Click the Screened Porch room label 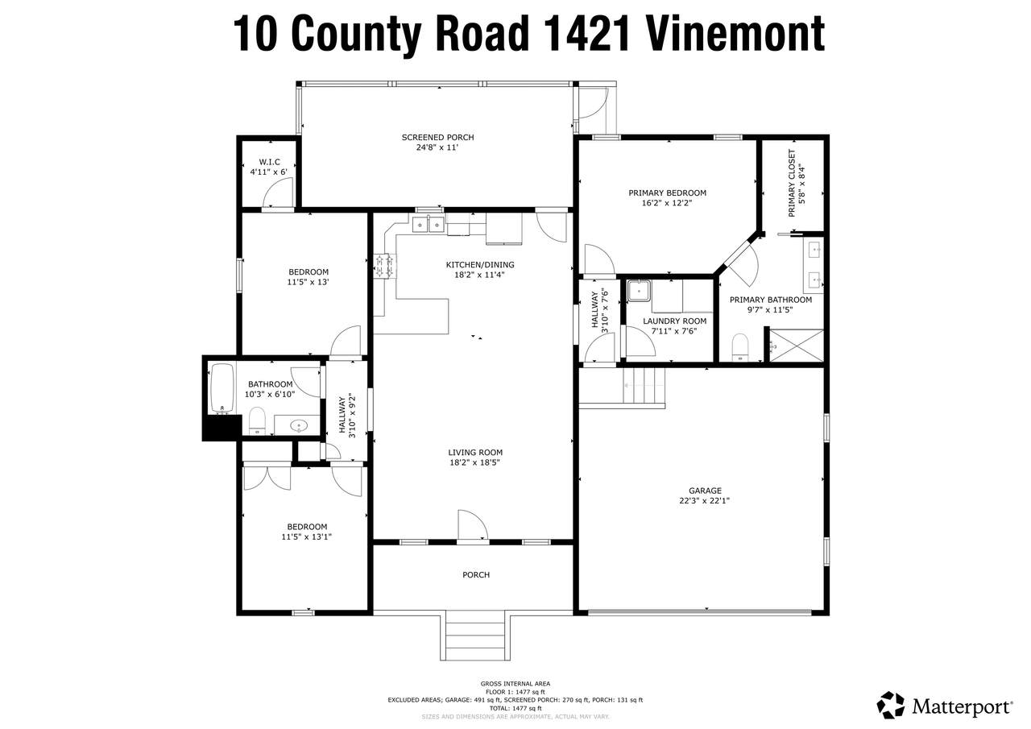(x=437, y=137)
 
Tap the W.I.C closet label (x=269, y=162)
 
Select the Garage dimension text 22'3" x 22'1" (x=705, y=501)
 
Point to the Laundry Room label (x=674, y=321)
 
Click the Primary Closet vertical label (x=792, y=183)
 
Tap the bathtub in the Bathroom (x=222, y=389)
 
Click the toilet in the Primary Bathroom (x=740, y=347)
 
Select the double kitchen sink (x=428, y=225)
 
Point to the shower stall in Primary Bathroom (x=797, y=346)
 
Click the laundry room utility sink (x=639, y=291)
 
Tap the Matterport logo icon (x=891, y=704)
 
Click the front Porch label (x=476, y=575)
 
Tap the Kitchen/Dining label (x=480, y=265)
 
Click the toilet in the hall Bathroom (x=257, y=421)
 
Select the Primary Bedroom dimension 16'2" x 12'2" (x=667, y=203)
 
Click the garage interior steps (x=644, y=386)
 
